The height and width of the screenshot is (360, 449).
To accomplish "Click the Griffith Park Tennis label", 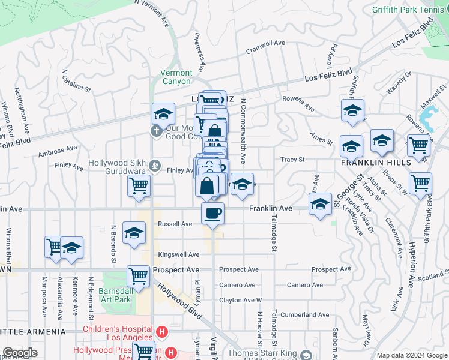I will (410, 10).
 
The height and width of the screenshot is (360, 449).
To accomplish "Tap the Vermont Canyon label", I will (176, 77).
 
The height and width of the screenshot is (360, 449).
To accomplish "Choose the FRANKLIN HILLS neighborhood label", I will (376, 163).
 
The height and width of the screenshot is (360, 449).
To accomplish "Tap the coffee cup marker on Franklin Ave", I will (212, 214).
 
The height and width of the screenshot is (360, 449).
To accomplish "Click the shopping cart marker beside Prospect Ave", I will (139, 277).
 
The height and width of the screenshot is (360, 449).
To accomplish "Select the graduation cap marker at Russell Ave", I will (134, 233).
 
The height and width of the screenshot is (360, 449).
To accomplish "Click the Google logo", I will (20, 353).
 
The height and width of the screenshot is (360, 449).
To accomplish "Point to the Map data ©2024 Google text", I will (412, 355).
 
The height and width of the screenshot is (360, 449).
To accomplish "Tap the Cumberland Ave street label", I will (307, 314).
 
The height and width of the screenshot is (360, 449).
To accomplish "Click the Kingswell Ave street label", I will (175, 254).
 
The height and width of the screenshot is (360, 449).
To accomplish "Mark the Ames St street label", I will (321, 139).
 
